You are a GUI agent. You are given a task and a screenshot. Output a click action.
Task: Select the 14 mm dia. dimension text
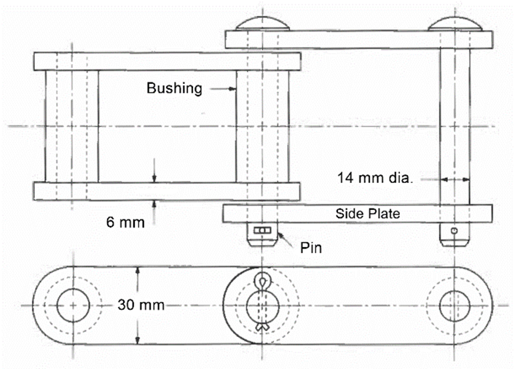coord(374,176)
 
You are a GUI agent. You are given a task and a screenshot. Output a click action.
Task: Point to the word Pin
coord(310,248)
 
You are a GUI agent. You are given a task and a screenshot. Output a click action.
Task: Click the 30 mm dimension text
coord(140,304)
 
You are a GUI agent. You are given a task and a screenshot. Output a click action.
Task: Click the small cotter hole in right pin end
coord(455,231)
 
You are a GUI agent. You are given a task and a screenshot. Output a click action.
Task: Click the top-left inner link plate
coord(167,61)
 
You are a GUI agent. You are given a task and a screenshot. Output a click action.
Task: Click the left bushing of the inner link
coord(71,126)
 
